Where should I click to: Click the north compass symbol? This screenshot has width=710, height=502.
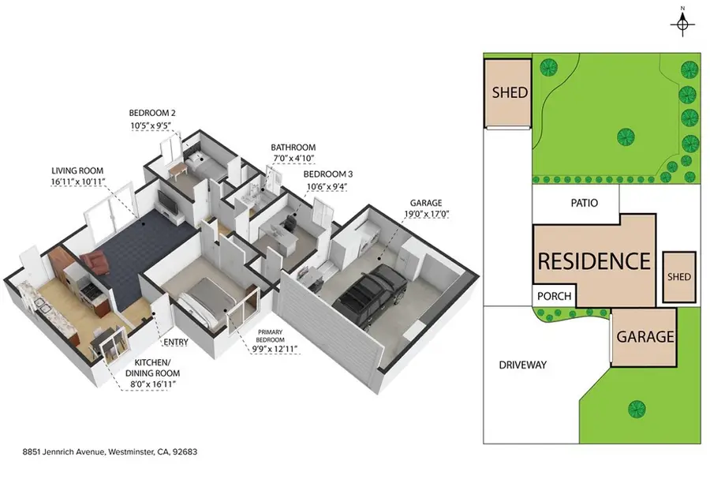(x=682, y=24)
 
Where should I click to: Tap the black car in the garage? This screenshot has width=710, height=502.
(x=370, y=291)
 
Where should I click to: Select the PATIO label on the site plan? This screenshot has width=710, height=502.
(x=584, y=203)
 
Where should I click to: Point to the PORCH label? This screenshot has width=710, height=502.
(x=555, y=296)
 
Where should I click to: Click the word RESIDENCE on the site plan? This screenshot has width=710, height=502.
(x=594, y=261)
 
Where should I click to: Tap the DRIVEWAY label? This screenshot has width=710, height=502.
(x=522, y=365)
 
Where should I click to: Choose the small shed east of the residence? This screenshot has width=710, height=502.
(x=679, y=277)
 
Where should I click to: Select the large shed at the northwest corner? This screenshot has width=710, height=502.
(x=507, y=93)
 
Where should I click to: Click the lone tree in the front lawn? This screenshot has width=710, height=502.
(x=637, y=410)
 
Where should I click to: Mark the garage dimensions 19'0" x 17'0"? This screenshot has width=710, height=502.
(x=426, y=215)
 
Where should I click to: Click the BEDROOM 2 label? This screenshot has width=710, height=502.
(x=152, y=113)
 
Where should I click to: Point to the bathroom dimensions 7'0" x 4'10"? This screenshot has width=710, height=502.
(x=293, y=159)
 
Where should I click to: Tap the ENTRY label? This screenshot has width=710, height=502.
(x=176, y=342)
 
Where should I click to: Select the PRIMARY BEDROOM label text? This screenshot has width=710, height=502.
(x=271, y=335)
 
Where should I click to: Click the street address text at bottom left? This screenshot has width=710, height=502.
(x=110, y=451)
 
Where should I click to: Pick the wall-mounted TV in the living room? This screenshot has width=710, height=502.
(x=167, y=203)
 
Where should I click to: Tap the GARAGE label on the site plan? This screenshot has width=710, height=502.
(x=645, y=336)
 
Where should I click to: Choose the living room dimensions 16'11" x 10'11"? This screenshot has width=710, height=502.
(x=78, y=182)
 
